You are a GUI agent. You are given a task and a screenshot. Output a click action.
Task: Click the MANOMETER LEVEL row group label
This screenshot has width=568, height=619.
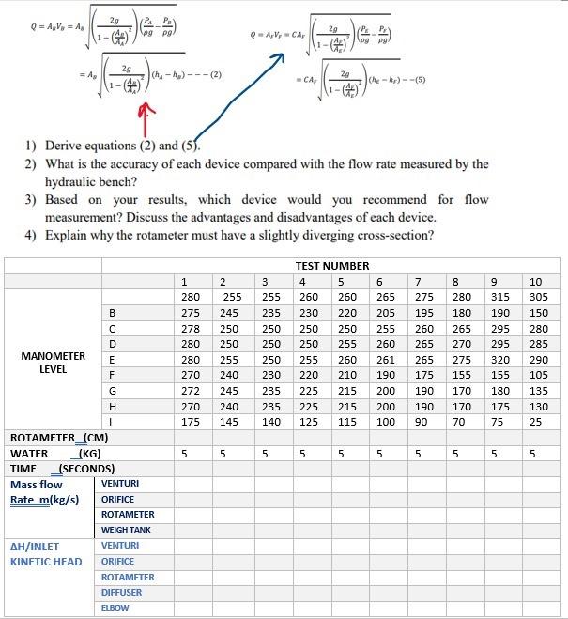tap(54, 364)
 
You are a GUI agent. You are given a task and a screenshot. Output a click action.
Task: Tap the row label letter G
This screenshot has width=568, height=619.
tap(114, 390)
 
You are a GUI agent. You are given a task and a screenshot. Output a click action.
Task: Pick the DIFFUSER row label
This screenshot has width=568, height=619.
tap(122, 593)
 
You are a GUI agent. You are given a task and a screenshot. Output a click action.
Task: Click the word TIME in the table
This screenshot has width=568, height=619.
tap(23, 468)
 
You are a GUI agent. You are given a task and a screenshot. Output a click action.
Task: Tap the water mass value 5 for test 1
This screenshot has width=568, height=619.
tap(185, 453)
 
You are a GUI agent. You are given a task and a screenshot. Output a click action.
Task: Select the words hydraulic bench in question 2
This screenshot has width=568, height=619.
tap(90, 181)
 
